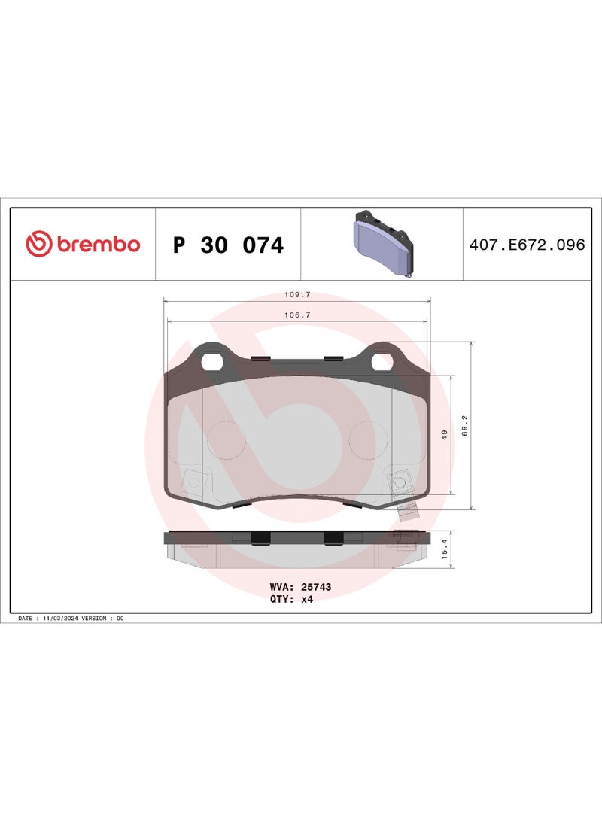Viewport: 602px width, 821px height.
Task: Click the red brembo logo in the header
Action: pos(84,244)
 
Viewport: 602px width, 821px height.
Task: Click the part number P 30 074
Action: pos(228,245)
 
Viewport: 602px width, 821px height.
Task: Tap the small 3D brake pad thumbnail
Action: pos(383,244)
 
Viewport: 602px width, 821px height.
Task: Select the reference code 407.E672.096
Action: pos(528,245)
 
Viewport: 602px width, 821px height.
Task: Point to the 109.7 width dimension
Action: pos(297,295)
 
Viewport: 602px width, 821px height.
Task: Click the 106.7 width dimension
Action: pos(297,315)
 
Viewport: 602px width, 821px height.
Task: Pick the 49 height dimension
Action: pos(445,435)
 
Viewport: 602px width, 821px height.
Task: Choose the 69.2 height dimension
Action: pos(465,426)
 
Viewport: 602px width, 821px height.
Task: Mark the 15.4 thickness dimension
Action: pos(445,549)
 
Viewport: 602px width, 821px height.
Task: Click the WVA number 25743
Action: pos(316,587)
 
